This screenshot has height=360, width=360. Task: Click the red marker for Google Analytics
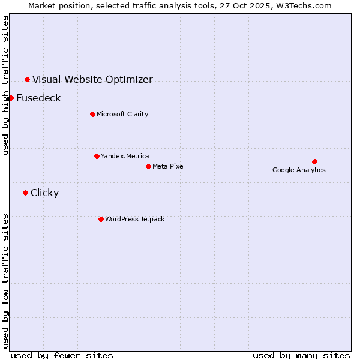click(314, 161)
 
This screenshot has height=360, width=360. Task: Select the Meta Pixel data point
click(148, 166)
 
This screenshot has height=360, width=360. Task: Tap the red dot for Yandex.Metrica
click(97, 156)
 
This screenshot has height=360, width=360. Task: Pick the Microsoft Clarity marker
click(92, 114)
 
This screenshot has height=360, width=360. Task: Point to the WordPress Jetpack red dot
click(101, 219)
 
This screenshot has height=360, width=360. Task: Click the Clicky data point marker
click(25, 193)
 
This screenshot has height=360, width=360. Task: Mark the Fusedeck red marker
click(11, 98)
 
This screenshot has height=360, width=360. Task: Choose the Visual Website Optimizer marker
click(27, 79)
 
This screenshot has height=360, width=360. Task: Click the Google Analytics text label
click(299, 170)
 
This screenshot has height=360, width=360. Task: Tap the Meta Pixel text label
click(169, 166)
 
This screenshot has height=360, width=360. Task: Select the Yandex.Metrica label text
click(125, 156)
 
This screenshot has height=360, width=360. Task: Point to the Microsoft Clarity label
click(122, 114)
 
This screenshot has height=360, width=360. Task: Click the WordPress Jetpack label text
click(134, 219)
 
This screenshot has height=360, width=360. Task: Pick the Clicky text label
click(44, 193)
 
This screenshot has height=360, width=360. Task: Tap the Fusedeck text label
click(38, 98)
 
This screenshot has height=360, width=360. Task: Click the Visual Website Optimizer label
click(92, 79)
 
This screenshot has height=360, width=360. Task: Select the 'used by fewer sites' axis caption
click(62, 355)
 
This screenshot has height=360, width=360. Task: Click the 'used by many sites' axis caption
click(301, 355)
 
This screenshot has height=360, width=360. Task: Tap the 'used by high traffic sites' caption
click(5, 85)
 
